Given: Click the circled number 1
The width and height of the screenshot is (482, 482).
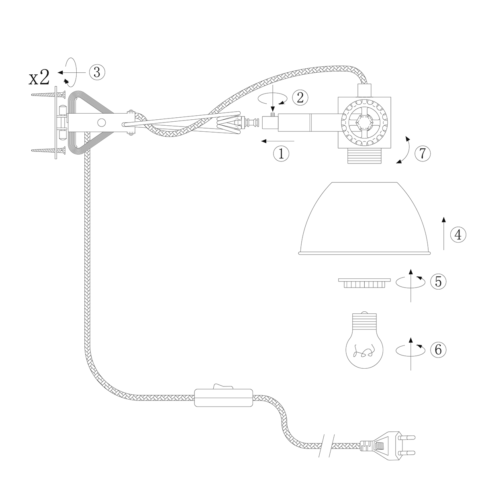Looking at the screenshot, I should pyautogui.click(x=281, y=153).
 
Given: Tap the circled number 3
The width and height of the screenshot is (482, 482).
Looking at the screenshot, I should pyautogui.click(x=97, y=72).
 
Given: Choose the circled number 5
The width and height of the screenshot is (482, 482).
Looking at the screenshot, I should pyautogui.click(x=438, y=281).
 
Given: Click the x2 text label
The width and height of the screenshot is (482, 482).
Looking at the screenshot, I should pyautogui.click(x=39, y=78).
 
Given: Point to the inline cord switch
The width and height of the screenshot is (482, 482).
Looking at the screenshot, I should pyautogui.click(x=223, y=397).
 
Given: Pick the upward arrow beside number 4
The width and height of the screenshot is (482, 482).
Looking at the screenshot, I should pyautogui.click(x=444, y=233).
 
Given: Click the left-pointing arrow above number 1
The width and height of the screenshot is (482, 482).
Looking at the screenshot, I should pyautogui.click(x=277, y=141).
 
